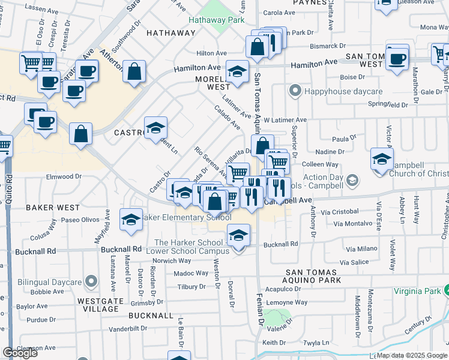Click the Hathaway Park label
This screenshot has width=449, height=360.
tap(216, 20)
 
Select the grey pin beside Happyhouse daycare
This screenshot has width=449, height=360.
tap(295, 91)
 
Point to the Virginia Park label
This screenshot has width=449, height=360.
tap(418, 291)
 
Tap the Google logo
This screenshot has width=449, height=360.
tap(20, 353)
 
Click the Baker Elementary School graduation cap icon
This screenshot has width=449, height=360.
tap(131, 219)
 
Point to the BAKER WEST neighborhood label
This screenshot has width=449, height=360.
tap(53, 208)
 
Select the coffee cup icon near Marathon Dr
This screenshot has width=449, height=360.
tap(397, 59)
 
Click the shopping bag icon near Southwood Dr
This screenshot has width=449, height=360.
tap(134, 71)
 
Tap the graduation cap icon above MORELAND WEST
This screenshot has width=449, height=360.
tap(238, 73)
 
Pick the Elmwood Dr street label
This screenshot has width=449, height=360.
tap(64, 176)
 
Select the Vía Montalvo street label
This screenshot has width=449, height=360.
tap(355, 223)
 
